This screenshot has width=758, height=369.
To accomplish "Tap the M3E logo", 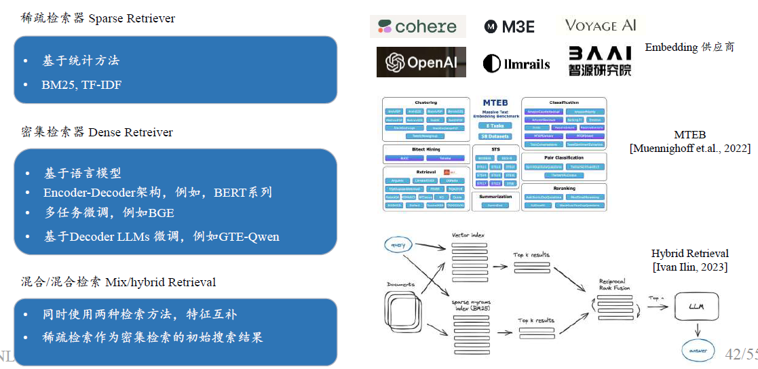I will click(510, 26).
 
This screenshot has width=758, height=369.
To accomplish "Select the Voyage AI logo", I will click(601, 26).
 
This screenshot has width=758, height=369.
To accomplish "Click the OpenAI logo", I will click(421, 62).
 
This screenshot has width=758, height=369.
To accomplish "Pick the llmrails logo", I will click(516, 64).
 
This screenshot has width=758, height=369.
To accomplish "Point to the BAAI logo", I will click(600, 60).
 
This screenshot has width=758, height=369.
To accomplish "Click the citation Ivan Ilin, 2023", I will click(689, 267).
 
